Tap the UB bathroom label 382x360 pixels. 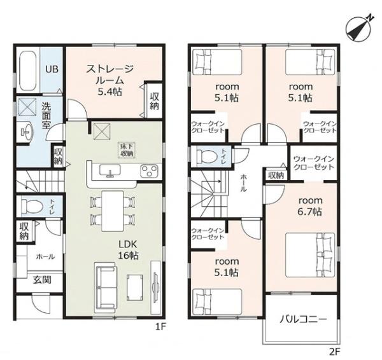coord(52,69)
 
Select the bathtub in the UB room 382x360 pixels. coord(28,71)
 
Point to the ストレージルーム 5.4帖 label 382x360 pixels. coord(110,80)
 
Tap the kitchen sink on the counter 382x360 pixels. coord(110,170)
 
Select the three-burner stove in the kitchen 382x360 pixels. coord(150,170)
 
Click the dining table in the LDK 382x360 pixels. coord(113,211)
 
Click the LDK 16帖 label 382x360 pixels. coord(129,250)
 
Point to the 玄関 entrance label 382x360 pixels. coord(42,280)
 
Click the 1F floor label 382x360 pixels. coord(161,327)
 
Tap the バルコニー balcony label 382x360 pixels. coord(303,319)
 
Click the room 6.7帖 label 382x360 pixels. coord(310,206)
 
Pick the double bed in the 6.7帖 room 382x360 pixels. coord(310,255)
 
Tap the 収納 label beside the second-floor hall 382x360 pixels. coord(276,175)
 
